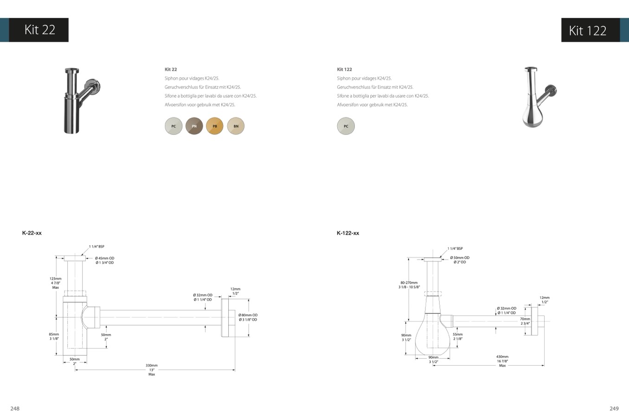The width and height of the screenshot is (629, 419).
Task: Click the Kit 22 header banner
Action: (x=34, y=30)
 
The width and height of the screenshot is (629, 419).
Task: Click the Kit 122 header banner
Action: (x=595, y=30)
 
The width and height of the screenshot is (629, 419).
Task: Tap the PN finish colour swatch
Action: (x=194, y=126)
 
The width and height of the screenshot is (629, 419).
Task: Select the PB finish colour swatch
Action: (x=215, y=126)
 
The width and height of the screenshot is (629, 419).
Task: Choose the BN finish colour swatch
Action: (x=236, y=126)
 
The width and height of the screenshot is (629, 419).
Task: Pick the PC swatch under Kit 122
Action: (x=346, y=126)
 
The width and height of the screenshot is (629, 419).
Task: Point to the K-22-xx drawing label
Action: (x=32, y=233)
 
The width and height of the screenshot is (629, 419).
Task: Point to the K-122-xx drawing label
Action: (x=348, y=233)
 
